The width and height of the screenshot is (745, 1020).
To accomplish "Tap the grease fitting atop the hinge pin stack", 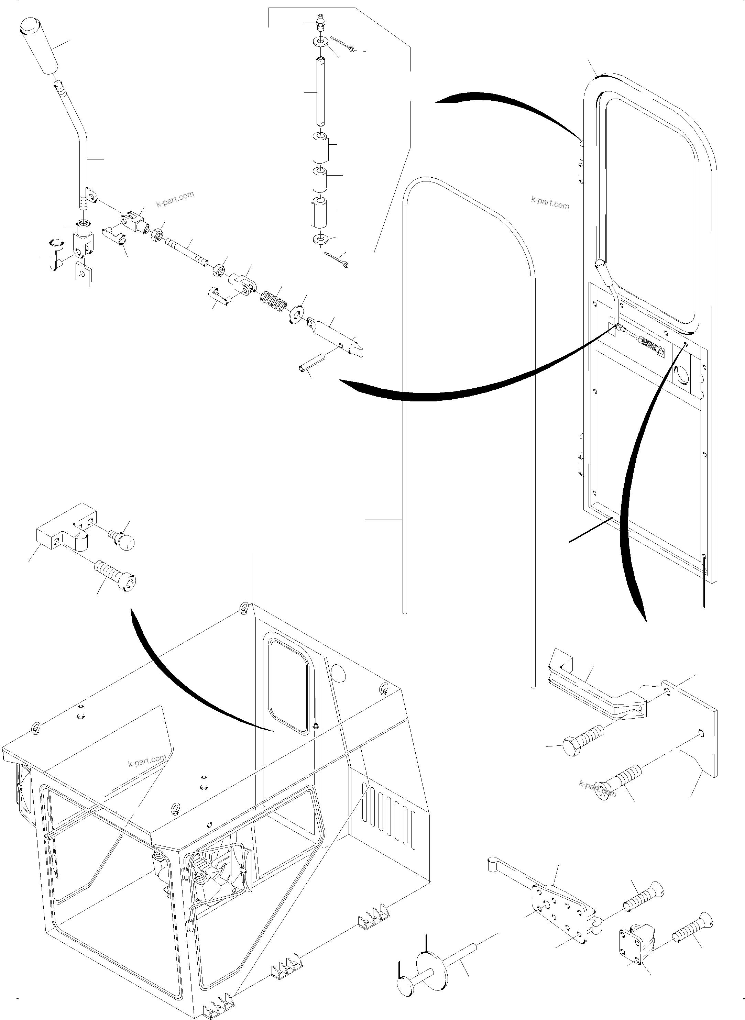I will point(321,23).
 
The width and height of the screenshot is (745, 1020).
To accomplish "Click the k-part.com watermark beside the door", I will point(550,203).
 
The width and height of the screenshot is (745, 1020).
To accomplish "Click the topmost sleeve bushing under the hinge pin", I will point(320,148).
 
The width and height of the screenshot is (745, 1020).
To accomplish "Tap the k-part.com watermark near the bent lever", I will point(175,199).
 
